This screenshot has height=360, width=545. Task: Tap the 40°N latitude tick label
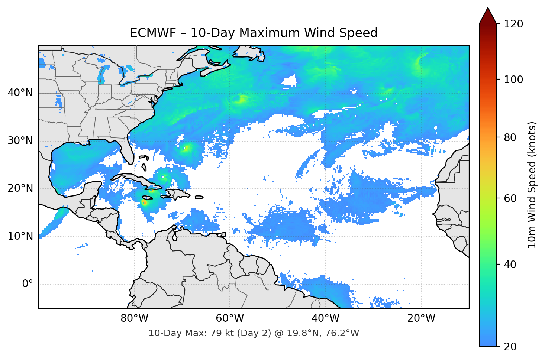coord(20,93)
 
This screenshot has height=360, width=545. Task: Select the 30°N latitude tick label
coord(20,141)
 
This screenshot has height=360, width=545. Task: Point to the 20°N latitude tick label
coord(20,188)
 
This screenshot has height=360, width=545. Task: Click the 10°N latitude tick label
coord(20,236)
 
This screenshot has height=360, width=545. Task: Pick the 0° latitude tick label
coord(28,284)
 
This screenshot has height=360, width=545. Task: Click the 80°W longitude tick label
coord(134,318)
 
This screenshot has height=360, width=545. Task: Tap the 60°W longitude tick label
coord(230,318)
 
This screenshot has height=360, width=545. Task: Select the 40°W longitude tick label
coord(325,318)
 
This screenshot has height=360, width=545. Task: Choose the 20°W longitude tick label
coord(421,318)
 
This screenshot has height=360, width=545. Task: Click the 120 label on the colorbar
coord(513,24)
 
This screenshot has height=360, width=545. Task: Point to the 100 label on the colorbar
coord(513,80)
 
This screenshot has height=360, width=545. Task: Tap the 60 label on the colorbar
coord(509,198)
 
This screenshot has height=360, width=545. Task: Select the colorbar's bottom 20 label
coord(509,347)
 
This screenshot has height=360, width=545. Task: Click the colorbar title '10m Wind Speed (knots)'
coord(532,185)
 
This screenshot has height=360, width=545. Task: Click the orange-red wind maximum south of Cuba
coord(144,202)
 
